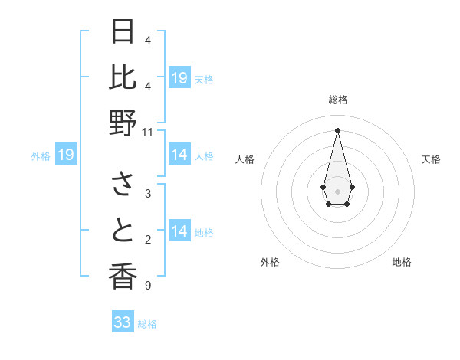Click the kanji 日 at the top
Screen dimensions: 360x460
pos(123,32)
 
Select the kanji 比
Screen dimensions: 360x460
pos(123,77)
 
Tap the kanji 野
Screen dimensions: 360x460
pos(123,123)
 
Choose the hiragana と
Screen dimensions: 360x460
pos(123,231)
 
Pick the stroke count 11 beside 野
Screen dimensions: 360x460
pos(148,133)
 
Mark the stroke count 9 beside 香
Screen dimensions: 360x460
pos(147,286)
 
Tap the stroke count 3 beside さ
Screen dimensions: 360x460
pos(147,195)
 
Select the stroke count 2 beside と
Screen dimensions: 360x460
pos(147,241)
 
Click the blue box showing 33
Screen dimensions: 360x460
pos(123,322)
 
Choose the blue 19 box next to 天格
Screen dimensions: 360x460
pos(179,78)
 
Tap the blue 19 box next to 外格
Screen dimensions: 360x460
pos(66,155)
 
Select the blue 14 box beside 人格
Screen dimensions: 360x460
pos(179,155)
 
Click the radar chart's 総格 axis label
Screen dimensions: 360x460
pos(338,100)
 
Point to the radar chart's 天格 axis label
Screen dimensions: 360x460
pos(432,159)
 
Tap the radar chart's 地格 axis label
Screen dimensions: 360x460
pos(402,262)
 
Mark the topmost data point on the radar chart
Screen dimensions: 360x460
pos(337,130)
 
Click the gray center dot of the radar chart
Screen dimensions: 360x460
pos(337,190)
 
